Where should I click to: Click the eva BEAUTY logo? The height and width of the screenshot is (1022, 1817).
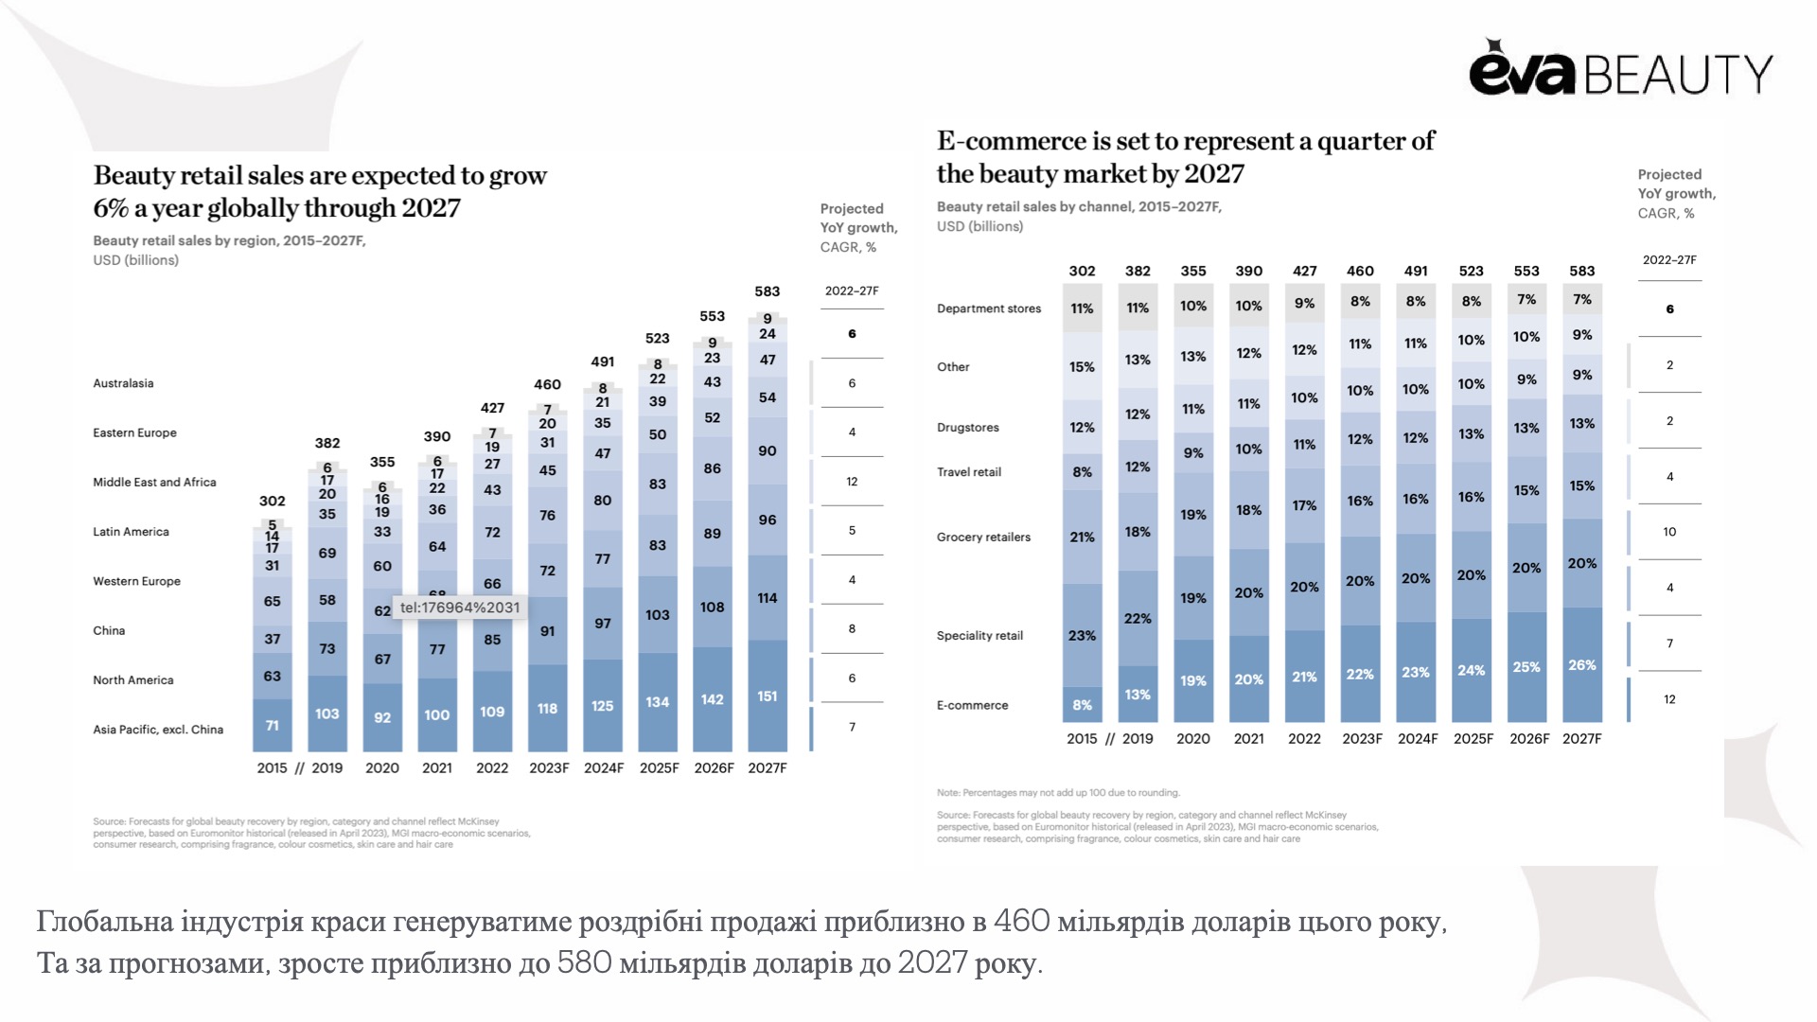pos(1620,69)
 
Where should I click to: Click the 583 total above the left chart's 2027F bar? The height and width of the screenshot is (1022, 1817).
pos(767,291)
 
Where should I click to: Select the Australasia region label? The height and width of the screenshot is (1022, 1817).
pos(123,383)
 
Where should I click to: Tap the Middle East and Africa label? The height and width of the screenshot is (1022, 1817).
pos(154,482)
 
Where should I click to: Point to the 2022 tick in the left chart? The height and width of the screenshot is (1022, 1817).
pos(492,767)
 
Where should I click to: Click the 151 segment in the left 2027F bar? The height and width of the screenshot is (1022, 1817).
pos(767,696)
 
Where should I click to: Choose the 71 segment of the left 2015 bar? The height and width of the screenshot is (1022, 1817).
pos(272,725)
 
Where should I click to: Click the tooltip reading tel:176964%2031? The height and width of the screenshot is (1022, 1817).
pos(460,608)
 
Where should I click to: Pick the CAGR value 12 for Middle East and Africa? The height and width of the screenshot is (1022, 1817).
pos(852,482)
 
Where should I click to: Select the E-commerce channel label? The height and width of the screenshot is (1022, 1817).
pos(972,705)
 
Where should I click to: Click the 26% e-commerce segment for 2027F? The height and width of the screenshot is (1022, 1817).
pos(1581,664)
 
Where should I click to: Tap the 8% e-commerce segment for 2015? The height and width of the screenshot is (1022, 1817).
pos(1082,704)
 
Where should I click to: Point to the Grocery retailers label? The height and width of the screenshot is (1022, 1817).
pos(983,537)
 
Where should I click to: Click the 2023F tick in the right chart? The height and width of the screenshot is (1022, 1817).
pos(1362,738)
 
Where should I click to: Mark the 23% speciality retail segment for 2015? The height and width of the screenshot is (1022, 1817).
pos(1082,635)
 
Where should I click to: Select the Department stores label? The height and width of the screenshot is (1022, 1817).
pos(988,308)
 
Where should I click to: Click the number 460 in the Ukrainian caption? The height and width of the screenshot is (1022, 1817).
pos(1021,921)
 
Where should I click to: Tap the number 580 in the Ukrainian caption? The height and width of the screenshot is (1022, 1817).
pos(584,962)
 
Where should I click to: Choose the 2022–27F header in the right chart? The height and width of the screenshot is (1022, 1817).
pos(1669,259)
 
